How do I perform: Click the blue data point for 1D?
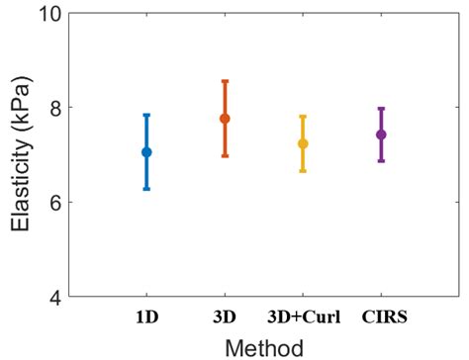pos(146,152)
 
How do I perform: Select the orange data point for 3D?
pos(225,119)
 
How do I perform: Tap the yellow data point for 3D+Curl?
pos(303,143)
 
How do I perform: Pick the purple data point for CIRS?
pos(381,135)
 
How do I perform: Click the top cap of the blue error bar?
pos(146,115)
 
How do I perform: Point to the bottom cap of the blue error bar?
pos(146,189)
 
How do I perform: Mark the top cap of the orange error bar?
pos(225,81)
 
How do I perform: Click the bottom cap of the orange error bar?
pos(225,156)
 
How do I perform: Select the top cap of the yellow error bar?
pos(303,117)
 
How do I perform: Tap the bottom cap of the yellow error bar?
pos(303,171)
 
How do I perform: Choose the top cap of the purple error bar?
pos(381,108)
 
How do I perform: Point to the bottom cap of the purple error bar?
pos(381,161)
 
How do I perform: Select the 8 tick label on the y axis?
pos(59,108)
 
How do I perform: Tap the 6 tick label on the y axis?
pos(59,202)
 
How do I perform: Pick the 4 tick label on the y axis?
pos(59,297)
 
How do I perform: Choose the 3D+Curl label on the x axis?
pos(303,318)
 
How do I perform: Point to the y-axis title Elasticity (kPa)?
pos(22,155)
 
